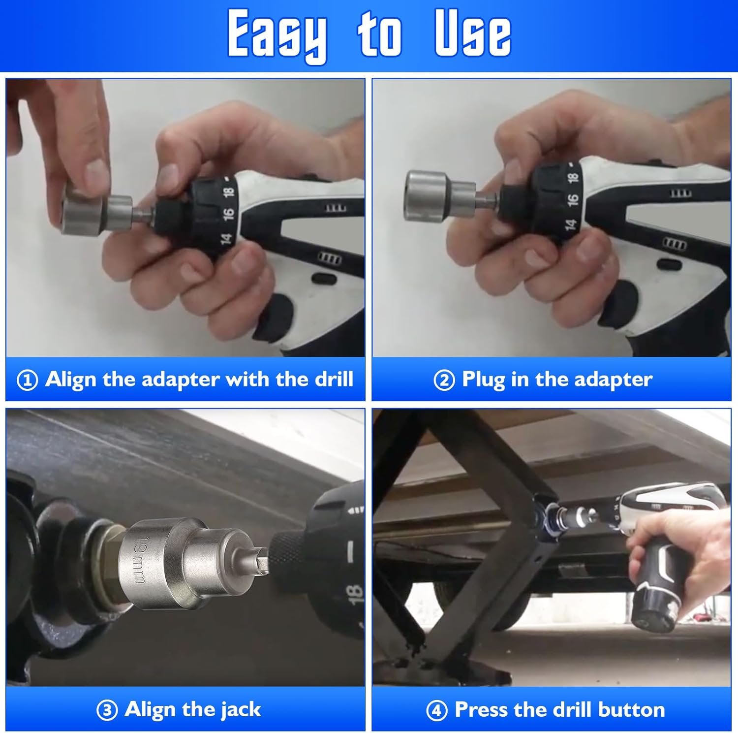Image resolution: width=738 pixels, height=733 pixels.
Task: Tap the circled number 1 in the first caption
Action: (27, 381)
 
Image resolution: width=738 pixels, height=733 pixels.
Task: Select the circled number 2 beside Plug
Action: (444, 381)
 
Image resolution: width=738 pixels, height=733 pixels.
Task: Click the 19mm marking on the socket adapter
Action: (140, 561)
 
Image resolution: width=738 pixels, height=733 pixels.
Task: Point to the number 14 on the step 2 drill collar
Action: (570, 224)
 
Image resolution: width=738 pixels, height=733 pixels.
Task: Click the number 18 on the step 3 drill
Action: (355, 594)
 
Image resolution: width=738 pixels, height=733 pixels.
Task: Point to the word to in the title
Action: (379, 34)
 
